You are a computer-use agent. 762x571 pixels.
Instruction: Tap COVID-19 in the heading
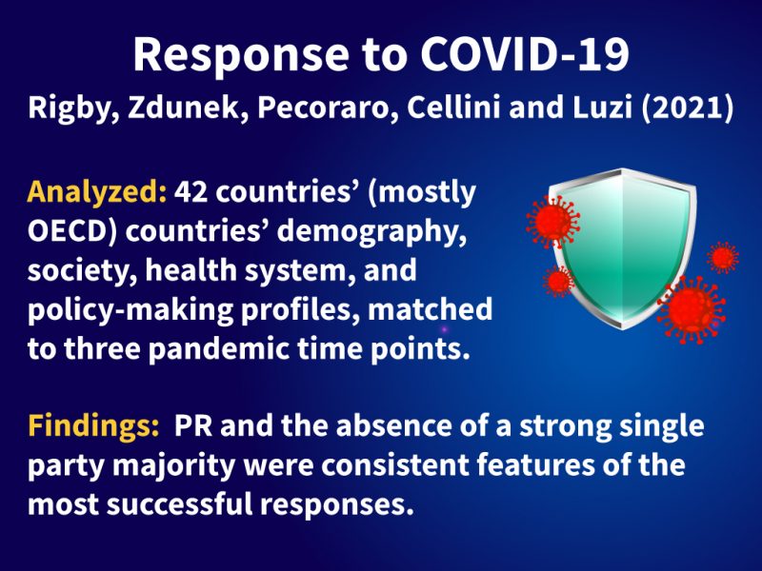pyautogui.click(x=525, y=53)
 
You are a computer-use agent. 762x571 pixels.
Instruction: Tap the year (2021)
pyautogui.click(x=687, y=108)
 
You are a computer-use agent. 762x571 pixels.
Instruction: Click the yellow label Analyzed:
pyautogui.click(x=97, y=193)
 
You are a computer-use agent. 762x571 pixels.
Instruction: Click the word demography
pyautogui.click(x=369, y=232)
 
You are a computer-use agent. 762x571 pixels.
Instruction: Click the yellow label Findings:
pyautogui.click(x=93, y=425)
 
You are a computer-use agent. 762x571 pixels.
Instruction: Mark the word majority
pyautogui.click(x=174, y=465)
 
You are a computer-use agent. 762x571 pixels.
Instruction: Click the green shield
pyautogui.click(x=623, y=247)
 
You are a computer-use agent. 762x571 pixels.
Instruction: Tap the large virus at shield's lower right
pyautogui.click(x=692, y=310)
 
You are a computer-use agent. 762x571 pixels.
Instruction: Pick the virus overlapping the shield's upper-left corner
pyautogui.click(x=552, y=222)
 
